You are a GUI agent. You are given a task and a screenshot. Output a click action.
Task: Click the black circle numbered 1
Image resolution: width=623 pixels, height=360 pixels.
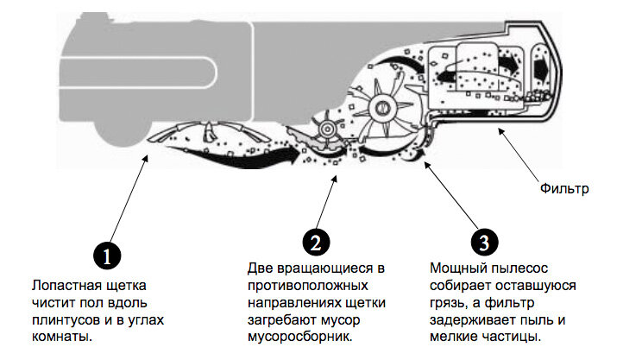106,256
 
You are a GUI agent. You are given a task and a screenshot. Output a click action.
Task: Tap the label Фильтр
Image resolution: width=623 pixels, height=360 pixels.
563,186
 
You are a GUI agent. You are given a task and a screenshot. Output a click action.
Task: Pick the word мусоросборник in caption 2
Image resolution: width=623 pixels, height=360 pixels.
299,337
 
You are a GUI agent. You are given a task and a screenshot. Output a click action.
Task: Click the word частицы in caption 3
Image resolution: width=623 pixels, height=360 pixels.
508,337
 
